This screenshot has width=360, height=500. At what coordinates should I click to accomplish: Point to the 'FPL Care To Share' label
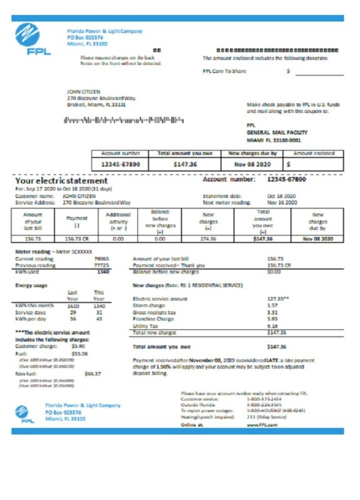(x=224, y=71)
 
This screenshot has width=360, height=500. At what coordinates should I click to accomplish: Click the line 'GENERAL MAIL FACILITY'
(x=274, y=132)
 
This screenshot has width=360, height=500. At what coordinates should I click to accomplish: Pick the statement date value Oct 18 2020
(x=281, y=196)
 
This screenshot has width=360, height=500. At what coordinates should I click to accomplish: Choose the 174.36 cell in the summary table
(x=207, y=239)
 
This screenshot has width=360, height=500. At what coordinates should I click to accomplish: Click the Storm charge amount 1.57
(x=272, y=305)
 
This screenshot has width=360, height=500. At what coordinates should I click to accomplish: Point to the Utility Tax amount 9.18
(x=272, y=326)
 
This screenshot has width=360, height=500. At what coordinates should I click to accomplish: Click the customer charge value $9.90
(x=78, y=346)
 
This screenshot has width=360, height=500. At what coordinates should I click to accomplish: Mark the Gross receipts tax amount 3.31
(x=272, y=312)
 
